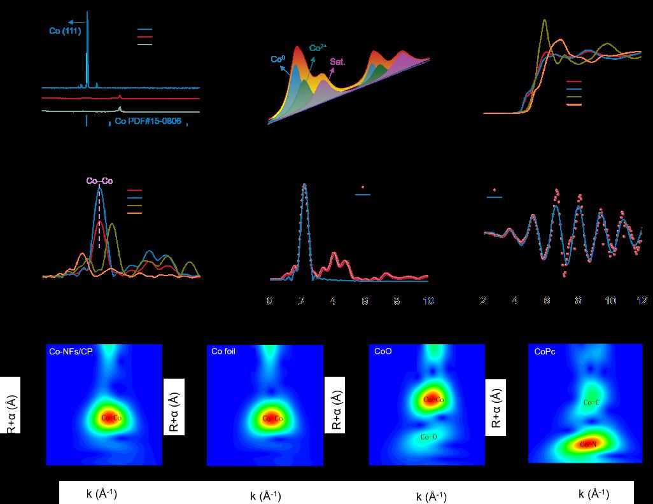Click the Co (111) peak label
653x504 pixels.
click(x=65, y=31)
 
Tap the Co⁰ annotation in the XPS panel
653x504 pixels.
click(x=277, y=59)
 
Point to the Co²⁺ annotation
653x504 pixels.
click(x=318, y=48)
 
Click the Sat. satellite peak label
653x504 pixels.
click(x=337, y=62)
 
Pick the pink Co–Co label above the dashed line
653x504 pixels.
click(x=100, y=181)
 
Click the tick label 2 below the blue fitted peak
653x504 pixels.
click(x=302, y=301)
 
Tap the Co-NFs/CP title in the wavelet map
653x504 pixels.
click(x=71, y=351)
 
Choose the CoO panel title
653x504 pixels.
click(x=383, y=351)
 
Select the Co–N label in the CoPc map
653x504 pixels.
click(x=588, y=445)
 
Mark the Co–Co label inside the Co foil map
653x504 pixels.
click(x=272, y=418)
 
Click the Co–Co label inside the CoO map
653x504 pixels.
click(x=433, y=400)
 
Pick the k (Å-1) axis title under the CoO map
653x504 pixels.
click(x=432, y=497)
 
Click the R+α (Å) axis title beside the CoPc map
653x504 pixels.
click(x=496, y=408)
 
